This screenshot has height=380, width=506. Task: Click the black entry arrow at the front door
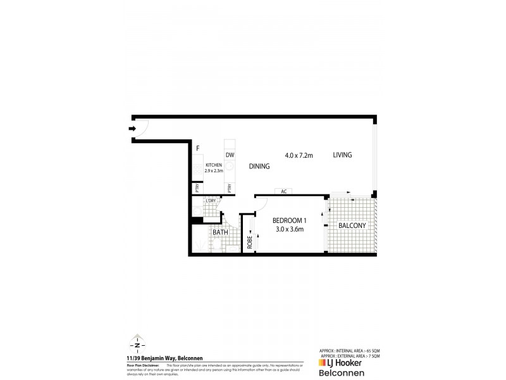coord(132,129)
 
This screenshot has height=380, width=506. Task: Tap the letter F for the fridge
coord(198,149)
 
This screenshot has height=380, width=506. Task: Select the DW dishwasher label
coord(230,154)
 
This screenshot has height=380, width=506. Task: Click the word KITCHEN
coord(213,165)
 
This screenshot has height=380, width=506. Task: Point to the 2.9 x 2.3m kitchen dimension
coord(213,170)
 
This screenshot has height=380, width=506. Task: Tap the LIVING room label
coord(342,155)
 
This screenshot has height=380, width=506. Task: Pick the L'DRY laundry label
coord(211,201)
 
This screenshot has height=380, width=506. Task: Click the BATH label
coord(220,232)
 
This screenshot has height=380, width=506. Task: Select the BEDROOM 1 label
coord(289,220)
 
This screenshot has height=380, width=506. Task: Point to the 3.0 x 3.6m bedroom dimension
coord(289,229)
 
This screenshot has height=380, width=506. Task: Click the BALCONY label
coord(351,225)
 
